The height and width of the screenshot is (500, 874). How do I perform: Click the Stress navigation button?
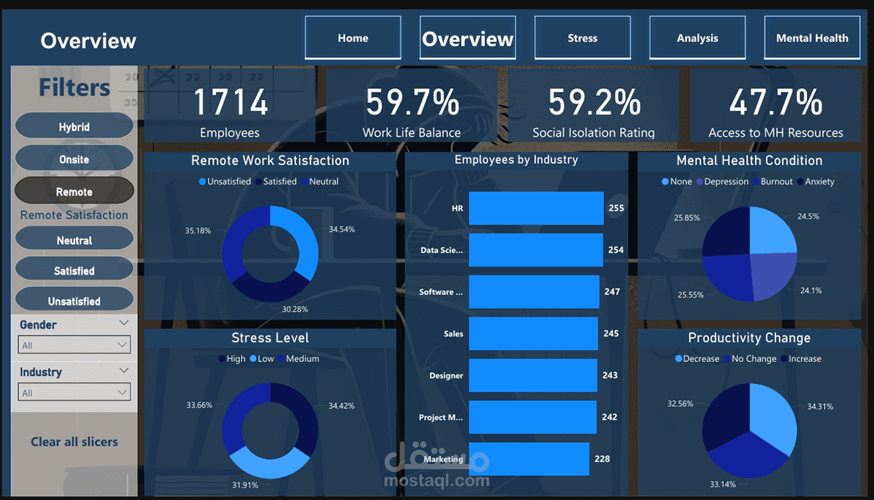tap(582, 38)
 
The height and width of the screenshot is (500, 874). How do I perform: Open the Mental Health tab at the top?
tap(812, 38)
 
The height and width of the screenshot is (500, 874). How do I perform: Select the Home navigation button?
tap(353, 38)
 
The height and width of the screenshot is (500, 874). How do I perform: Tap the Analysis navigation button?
tap(697, 38)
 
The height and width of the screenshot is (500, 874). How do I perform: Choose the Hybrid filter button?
tap(74, 127)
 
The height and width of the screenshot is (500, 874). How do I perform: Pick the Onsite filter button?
tap(74, 159)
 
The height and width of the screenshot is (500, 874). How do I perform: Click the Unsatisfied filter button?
tap(74, 301)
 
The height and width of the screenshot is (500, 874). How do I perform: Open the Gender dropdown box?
tap(74, 345)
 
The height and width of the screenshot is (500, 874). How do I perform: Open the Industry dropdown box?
tap(74, 393)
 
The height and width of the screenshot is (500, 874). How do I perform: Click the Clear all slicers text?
tap(74, 442)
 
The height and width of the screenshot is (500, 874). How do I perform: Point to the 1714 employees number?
tap(230, 103)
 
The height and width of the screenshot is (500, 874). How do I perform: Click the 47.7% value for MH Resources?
tap(776, 103)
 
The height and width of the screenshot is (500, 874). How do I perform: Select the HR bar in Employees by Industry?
tap(536, 209)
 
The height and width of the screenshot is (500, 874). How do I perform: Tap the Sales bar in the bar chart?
tap(533, 333)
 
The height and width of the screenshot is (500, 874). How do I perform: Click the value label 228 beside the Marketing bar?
tap(602, 459)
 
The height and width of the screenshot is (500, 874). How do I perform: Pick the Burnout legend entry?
tap(776, 181)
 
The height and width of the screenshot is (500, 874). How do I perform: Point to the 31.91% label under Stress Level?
tap(245, 485)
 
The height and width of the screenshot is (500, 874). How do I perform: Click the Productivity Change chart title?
tap(749, 338)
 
